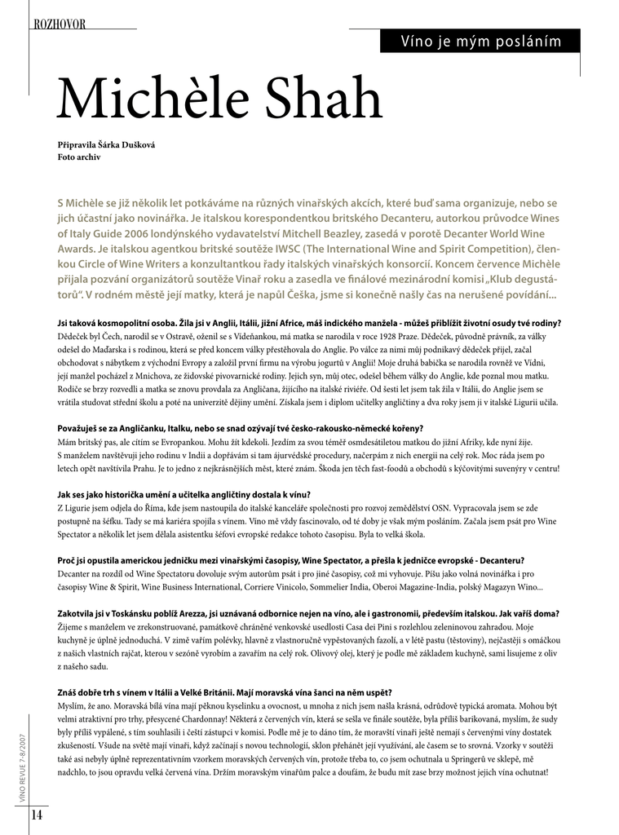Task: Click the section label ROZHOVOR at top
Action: point(60,24)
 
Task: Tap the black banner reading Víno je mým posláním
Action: point(480,41)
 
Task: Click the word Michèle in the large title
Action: point(154,101)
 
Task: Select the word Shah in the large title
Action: point(322,101)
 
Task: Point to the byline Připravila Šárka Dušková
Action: point(106,144)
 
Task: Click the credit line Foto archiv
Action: point(79,157)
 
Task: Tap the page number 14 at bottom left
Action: point(37,815)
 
